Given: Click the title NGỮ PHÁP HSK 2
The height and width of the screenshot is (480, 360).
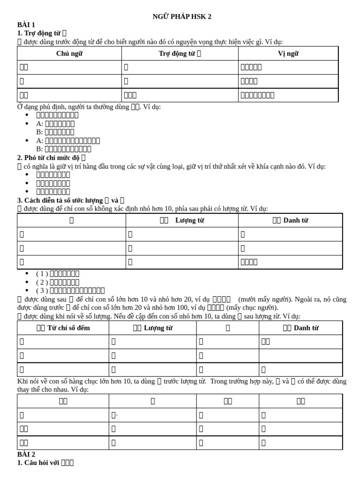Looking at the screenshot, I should [x=182, y=16].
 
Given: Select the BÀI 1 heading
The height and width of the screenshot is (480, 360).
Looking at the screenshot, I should [x=26, y=25].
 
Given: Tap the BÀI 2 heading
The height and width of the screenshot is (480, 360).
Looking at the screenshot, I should [x=26, y=454].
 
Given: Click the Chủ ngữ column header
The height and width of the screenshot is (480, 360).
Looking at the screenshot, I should [x=69, y=53].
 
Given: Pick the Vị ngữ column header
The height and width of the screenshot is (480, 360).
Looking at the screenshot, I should [x=288, y=53].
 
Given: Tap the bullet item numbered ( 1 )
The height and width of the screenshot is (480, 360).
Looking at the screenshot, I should [x=57, y=274].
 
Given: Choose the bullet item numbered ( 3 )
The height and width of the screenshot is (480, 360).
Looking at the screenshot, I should [x=70, y=291].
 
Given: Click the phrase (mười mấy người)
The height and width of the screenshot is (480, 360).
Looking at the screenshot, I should [x=261, y=300].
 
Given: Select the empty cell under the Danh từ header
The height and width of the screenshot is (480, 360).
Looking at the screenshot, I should [x=300, y=356].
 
